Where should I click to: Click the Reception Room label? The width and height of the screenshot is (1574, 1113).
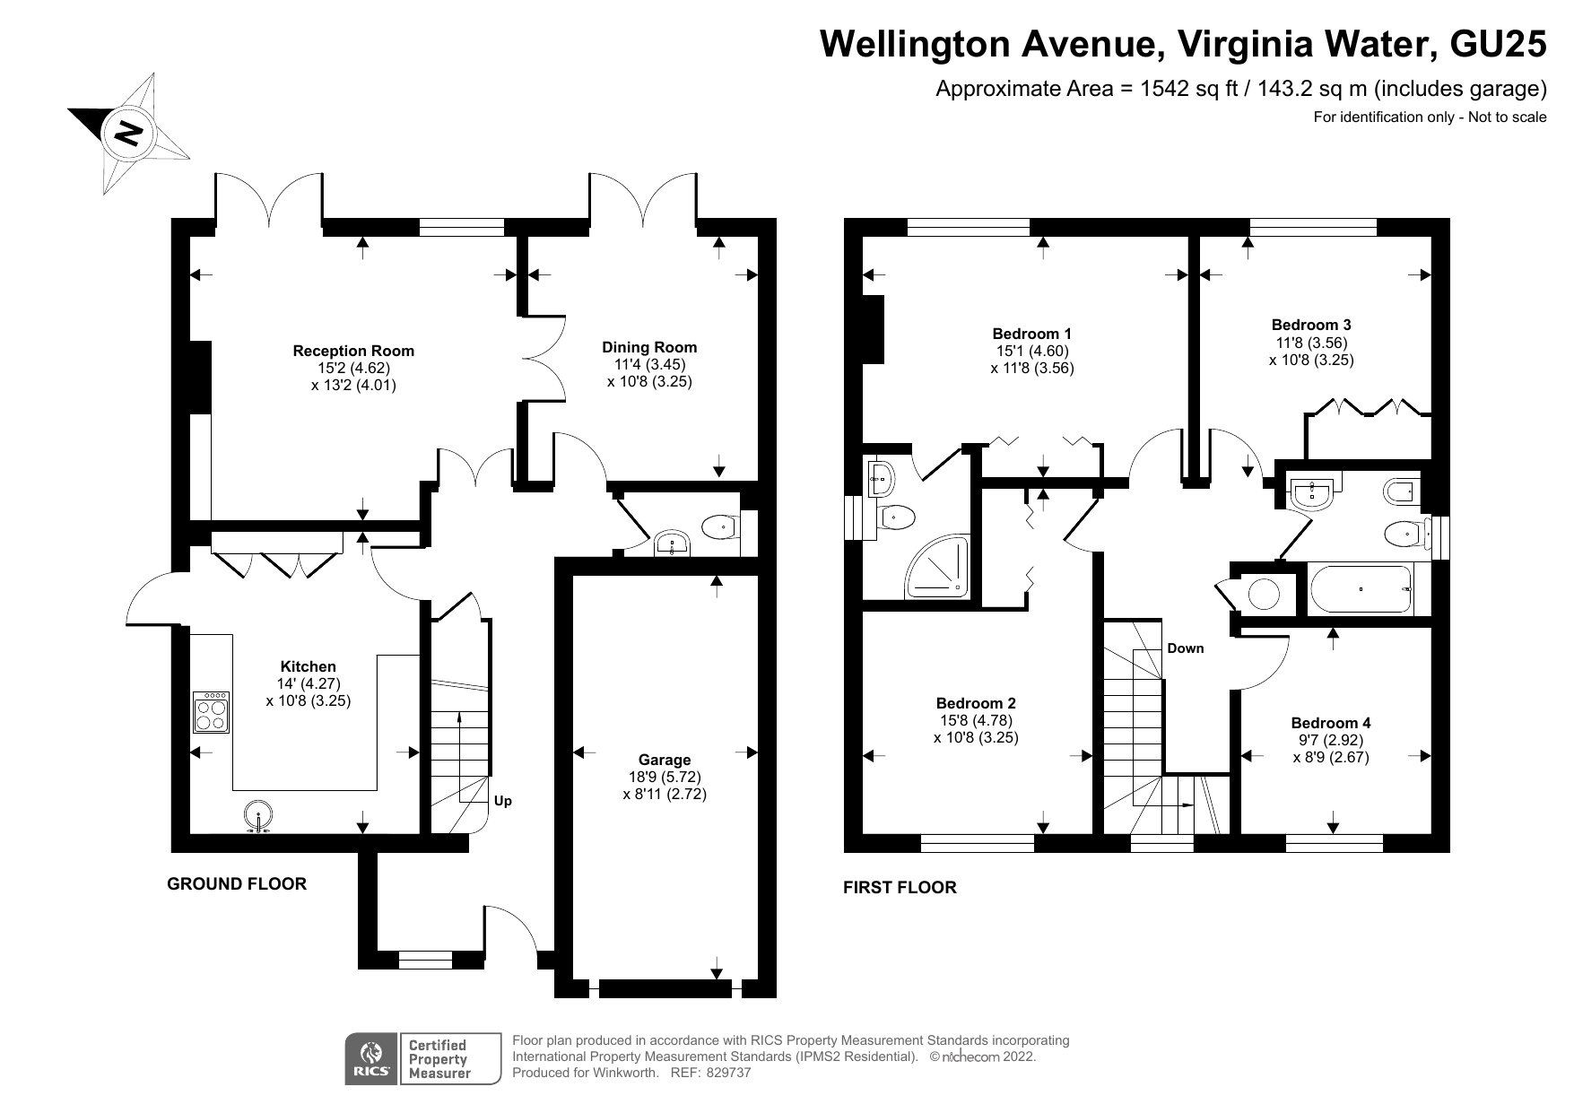pyautogui.click(x=353, y=351)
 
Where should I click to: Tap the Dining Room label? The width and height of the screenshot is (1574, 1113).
pyautogui.click(x=649, y=347)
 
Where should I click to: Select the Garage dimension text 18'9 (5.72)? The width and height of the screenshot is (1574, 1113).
pyautogui.click(x=665, y=777)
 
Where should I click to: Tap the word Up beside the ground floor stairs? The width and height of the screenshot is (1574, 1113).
pyautogui.click(x=503, y=801)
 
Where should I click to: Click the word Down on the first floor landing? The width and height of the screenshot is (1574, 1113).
pyautogui.click(x=1185, y=648)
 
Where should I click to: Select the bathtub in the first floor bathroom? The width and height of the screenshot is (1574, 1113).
pyautogui.click(x=1361, y=589)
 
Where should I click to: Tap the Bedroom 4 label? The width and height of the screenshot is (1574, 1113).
pyautogui.click(x=1330, y=723)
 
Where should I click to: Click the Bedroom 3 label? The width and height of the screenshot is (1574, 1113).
pyautogui.click(x=1310, y=325)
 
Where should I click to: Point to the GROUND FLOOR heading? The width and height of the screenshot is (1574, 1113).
pyautogui.click(x=237, y=884)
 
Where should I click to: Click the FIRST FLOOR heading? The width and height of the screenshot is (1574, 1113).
pyautogui.click(x=900, y=888)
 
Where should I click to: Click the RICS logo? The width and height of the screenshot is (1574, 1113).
pyautogui.click(x=372, y=1060)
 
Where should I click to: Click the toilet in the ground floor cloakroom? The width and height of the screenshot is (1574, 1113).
pyautogui.click(x=718, y=528)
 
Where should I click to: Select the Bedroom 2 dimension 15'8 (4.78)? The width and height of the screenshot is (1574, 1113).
pyautogui.click(x=976, y=720)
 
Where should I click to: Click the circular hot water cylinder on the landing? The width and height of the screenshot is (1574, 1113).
pyautogui.click(x=1264, y=594)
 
